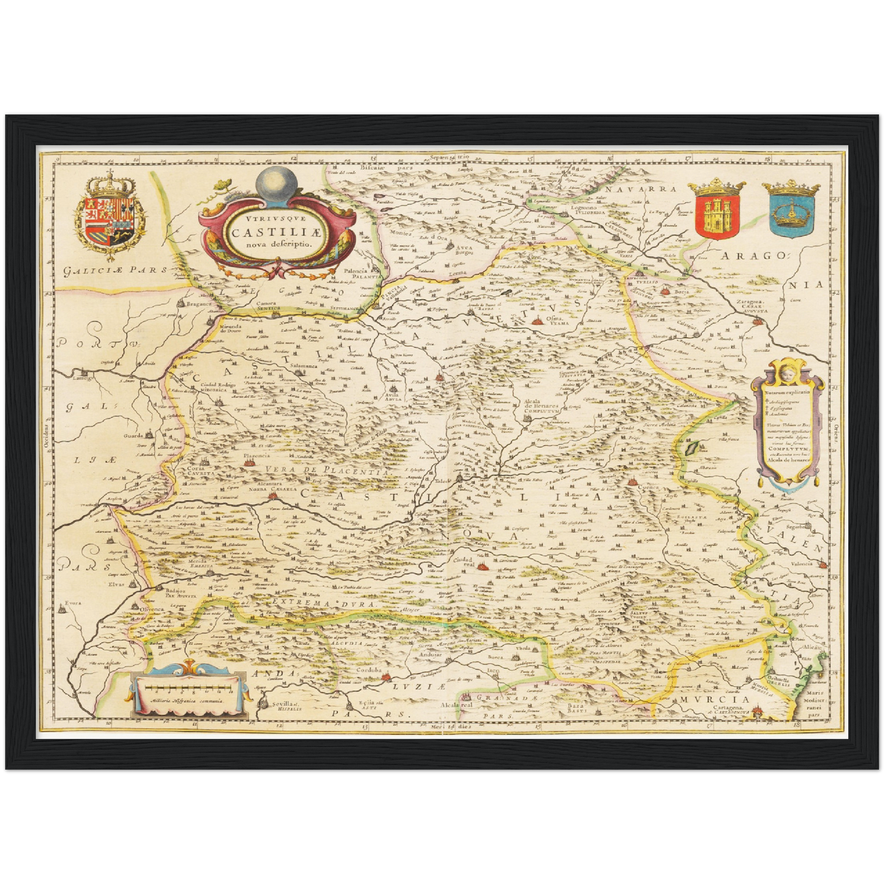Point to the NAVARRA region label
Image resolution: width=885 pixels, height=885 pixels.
click(642, 189)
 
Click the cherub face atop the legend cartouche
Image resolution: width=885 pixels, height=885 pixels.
click(788, 372)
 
